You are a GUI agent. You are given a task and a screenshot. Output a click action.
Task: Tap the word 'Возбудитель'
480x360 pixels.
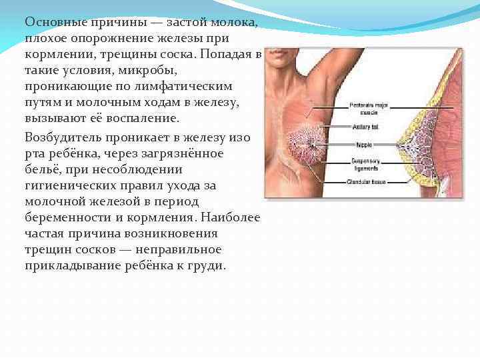(x=63, y=137)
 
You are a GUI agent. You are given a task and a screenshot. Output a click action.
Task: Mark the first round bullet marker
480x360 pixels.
(x=19, y=24)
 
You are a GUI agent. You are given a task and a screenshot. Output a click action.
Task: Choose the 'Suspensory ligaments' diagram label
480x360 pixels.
(x=363, y=164)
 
